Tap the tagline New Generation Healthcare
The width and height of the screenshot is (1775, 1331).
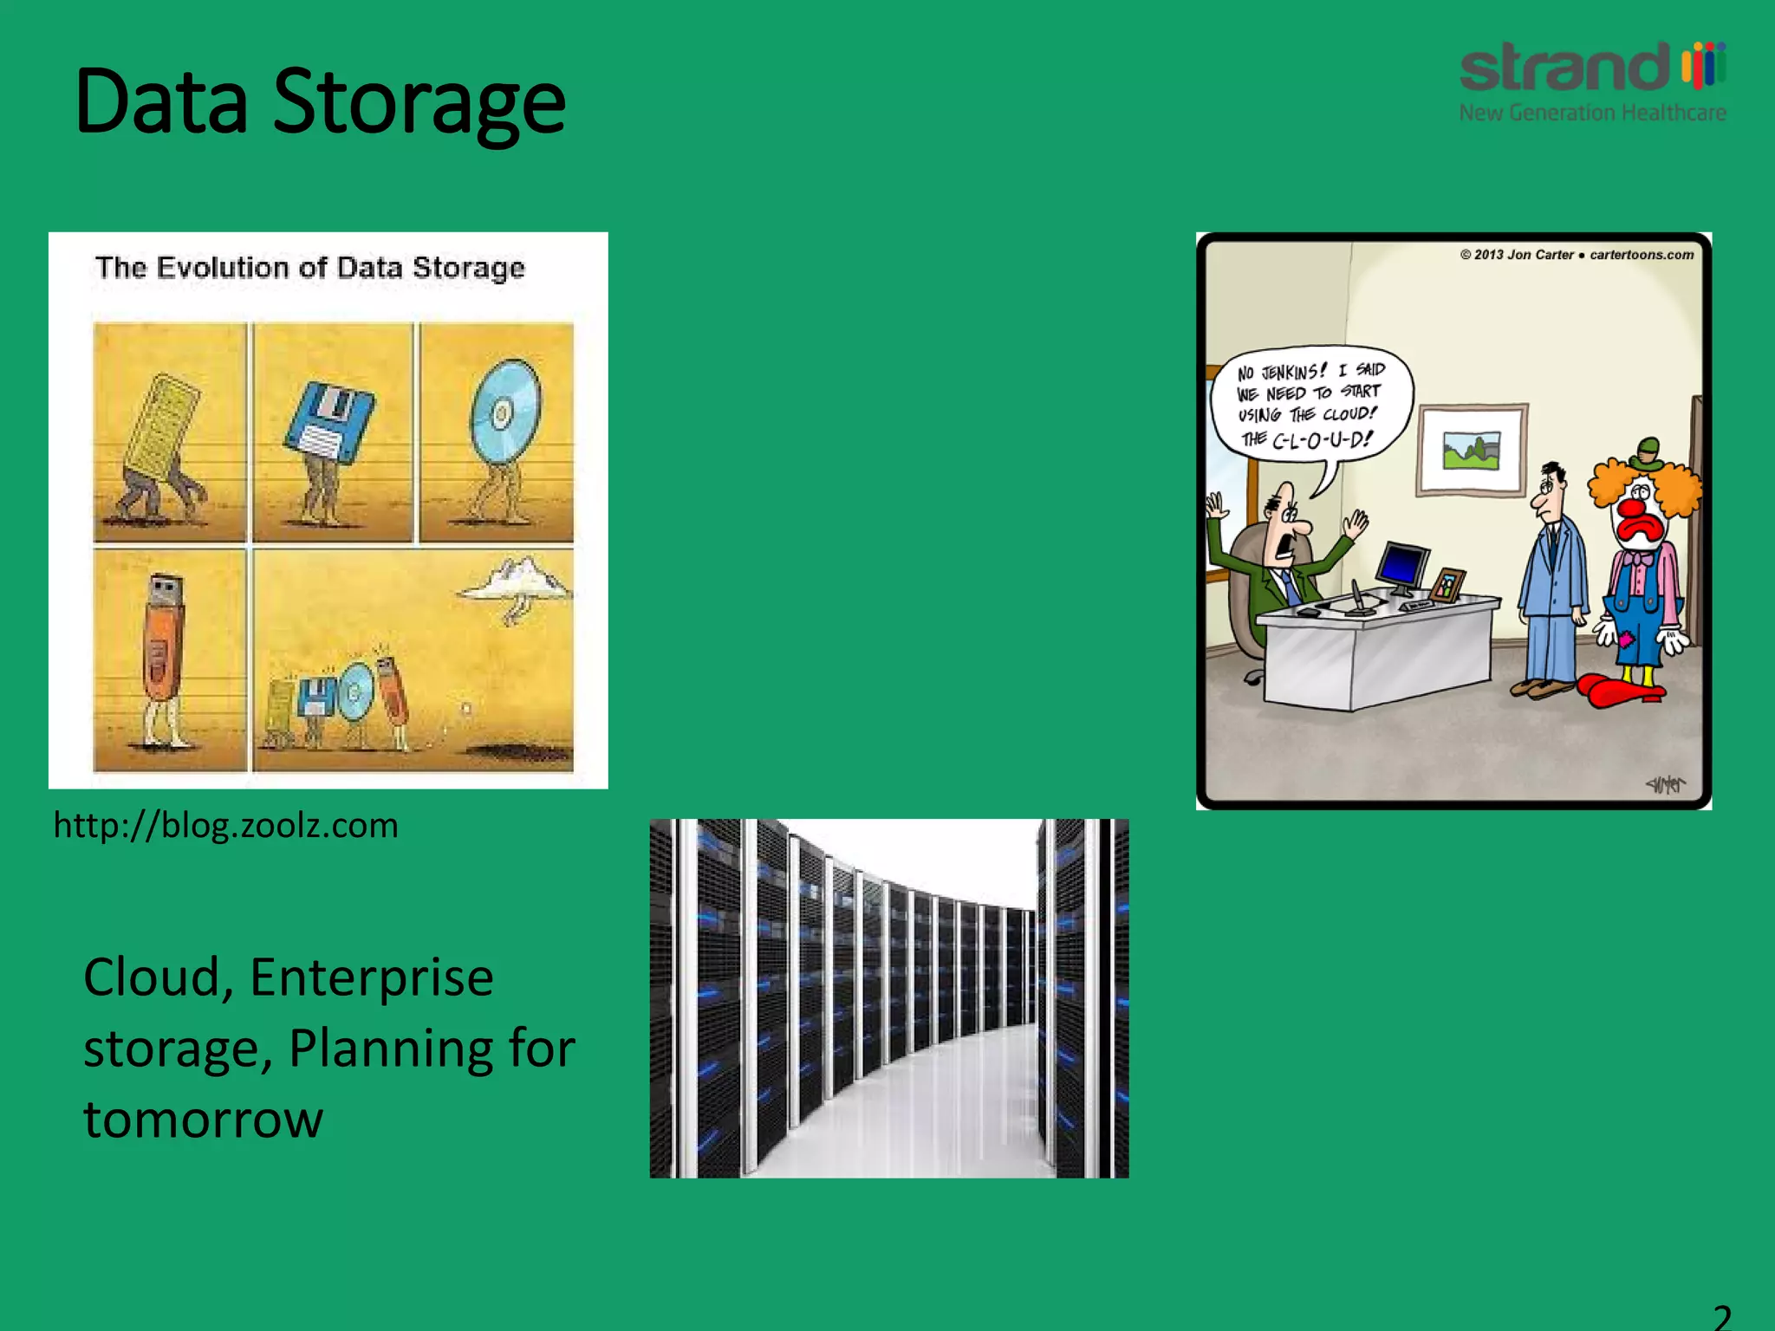[x=1592, y=114]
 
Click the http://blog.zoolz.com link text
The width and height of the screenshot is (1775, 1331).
[x=225, y=826]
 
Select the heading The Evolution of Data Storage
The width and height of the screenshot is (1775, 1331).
[x=309, y=268]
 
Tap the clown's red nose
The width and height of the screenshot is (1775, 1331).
[x=1635, y=506]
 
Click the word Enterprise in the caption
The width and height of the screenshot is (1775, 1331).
[x=371, y=978]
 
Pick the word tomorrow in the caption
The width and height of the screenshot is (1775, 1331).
[x=203, y=1120]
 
